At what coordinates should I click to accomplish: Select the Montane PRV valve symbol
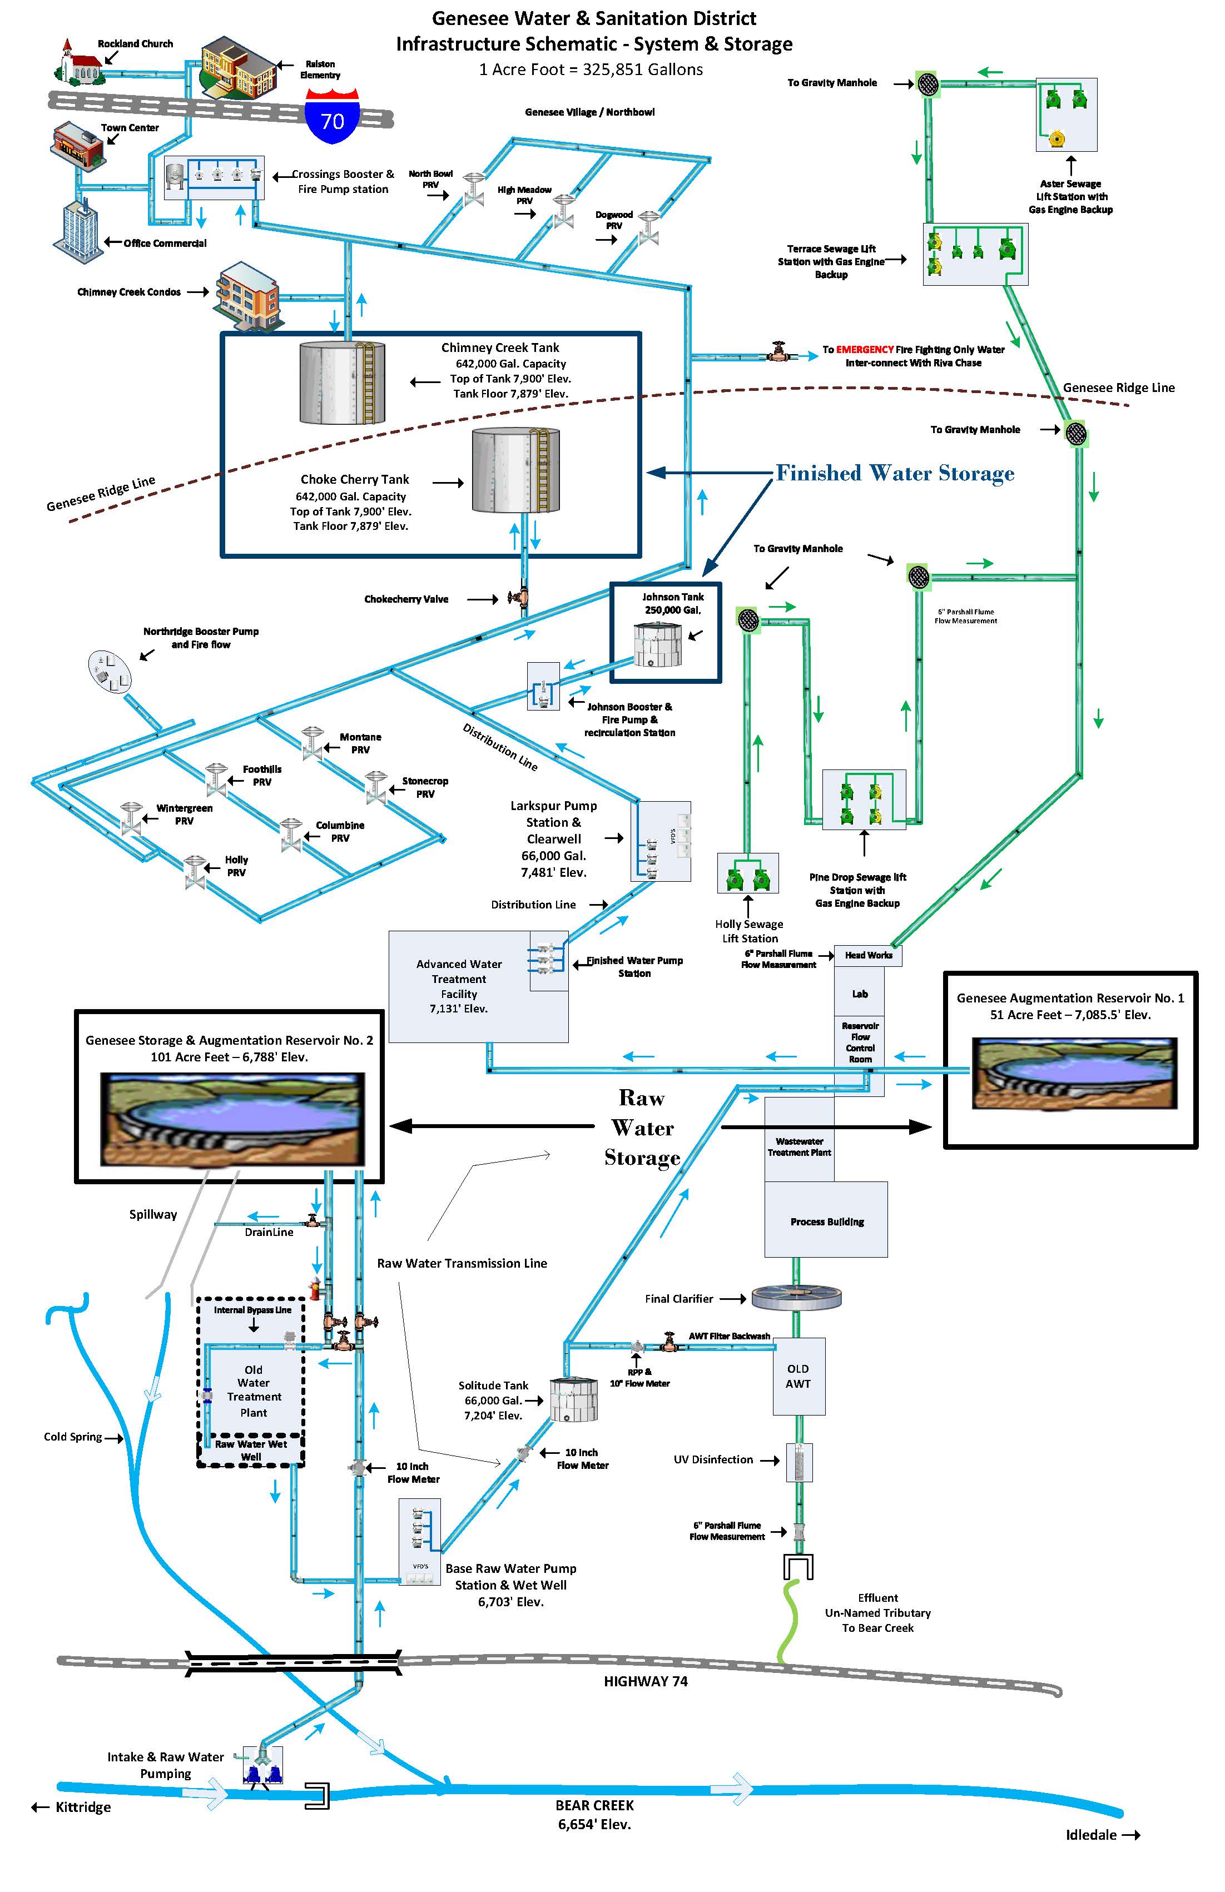click(311, 742)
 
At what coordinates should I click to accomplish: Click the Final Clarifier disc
click(796, 1298)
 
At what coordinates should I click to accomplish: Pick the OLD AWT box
click(798, 1376)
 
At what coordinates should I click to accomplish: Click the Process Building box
click(826, 1219)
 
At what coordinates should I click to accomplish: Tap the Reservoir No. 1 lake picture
click(1074, 1072)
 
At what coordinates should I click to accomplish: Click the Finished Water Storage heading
click(894, 473)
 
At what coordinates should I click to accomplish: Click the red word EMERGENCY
click(864, 350)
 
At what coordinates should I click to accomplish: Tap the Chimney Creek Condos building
click(248, 294)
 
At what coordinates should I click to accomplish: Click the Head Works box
click(868, 955)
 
